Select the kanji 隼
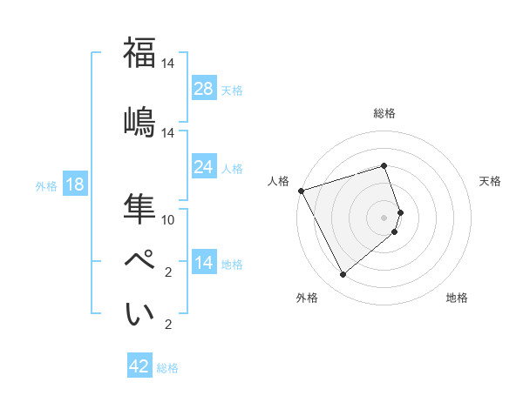tap(139, 209)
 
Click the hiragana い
tap(139, 315)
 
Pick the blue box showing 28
tap(204, 89)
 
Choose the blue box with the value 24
tap(204, 166)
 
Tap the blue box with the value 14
tap(204, 263)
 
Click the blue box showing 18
tap(74, 184)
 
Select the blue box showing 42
tap(139, 366)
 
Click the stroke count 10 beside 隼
tap(168, 219)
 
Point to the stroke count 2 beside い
tap(167, 325)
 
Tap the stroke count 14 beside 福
tap(168, 64)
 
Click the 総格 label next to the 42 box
tap(167, 368)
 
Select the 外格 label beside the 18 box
tap(46, 185)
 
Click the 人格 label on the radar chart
tap(279, 181)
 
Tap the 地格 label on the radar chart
tap(457, 298)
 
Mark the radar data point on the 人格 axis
tap(301, 190)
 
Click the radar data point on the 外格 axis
tap(343, 275)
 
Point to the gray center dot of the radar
tap(384, 217)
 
